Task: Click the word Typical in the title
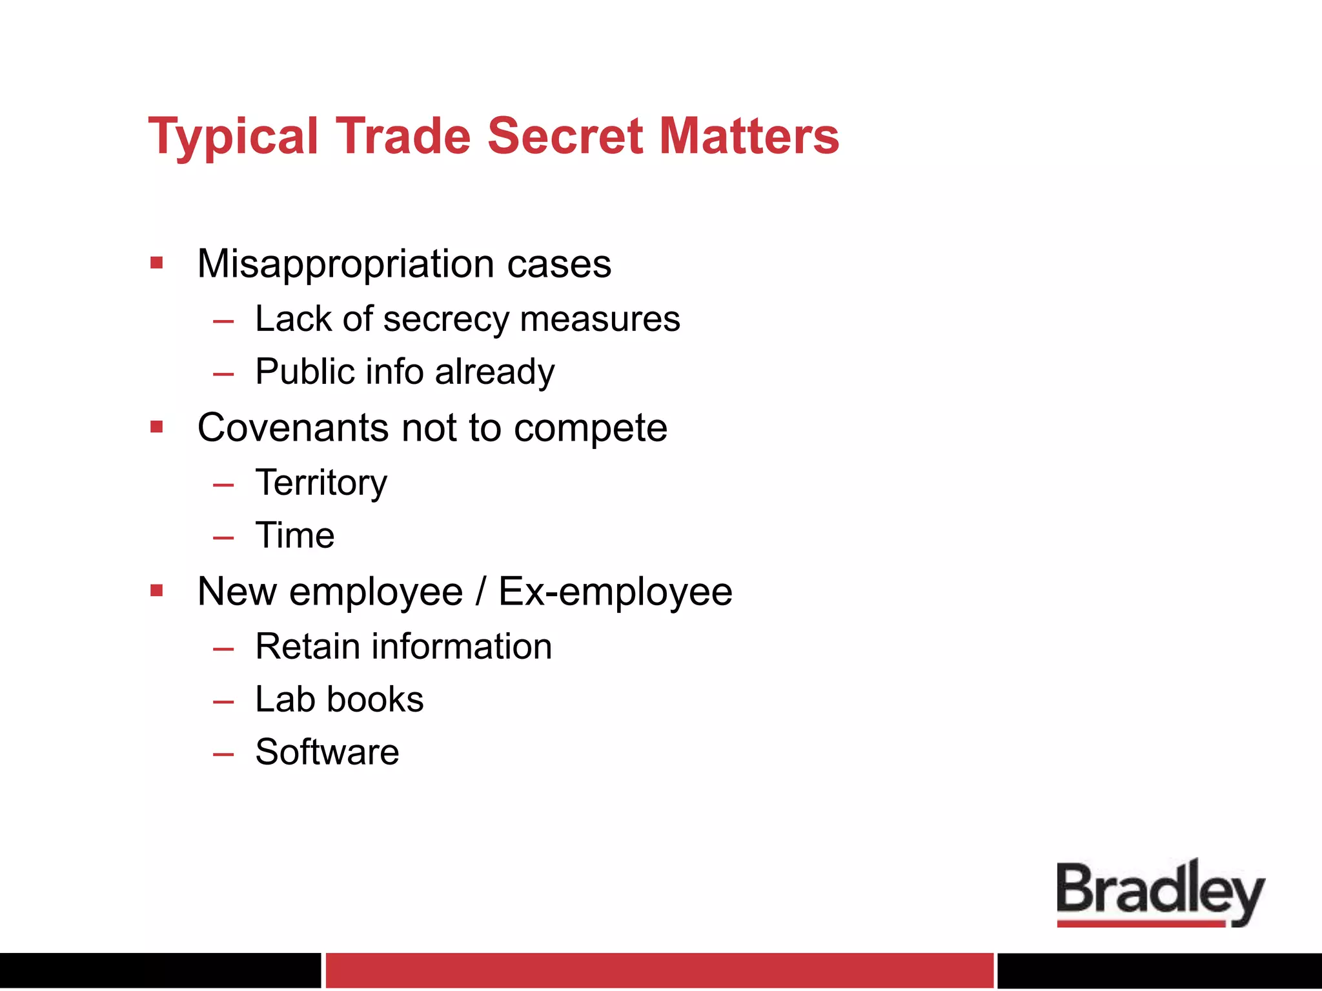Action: point(233,137)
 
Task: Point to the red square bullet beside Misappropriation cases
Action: point(156,263)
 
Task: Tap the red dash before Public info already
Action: point(223,374)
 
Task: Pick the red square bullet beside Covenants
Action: point(156,426)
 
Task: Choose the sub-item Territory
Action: point(321,483)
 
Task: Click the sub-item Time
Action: point(295,536)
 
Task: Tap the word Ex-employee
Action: point(615,592)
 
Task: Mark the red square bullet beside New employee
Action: point(156,590)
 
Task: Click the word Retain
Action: point(307,646)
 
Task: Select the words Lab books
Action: point(340,699)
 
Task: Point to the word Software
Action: point(327,752)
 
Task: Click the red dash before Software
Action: point(223,754)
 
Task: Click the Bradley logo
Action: point(1160,894)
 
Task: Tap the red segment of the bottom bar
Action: point(659,970)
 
